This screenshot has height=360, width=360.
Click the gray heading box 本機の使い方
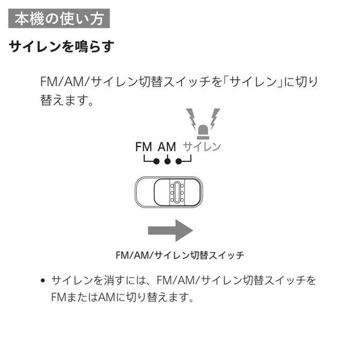click(59, 19)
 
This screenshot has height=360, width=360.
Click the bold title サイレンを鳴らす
click(62, 47)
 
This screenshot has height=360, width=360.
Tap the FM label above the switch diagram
click(144, 147)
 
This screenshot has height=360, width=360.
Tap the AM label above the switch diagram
click(167, 147)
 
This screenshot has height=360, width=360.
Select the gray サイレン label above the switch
click(202, 147)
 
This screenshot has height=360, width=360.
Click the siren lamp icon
click(203, 132)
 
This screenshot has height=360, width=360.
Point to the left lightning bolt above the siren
click(191, 119)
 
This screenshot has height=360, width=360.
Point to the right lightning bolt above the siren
click(215, 119)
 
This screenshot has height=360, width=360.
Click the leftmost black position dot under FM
click(157, 161)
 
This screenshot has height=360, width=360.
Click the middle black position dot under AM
click(167, 161)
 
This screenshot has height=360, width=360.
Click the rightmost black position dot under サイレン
click(179, 161)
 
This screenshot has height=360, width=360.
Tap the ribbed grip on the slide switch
click(177, 192)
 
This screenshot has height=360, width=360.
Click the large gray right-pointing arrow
click(170, 230)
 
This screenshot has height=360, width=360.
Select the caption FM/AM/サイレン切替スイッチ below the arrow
click(180, 256)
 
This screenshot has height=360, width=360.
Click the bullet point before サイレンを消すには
click(43, 281)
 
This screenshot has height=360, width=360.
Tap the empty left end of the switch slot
click(145, 192)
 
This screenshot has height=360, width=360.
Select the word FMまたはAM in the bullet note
click(83, 298)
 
